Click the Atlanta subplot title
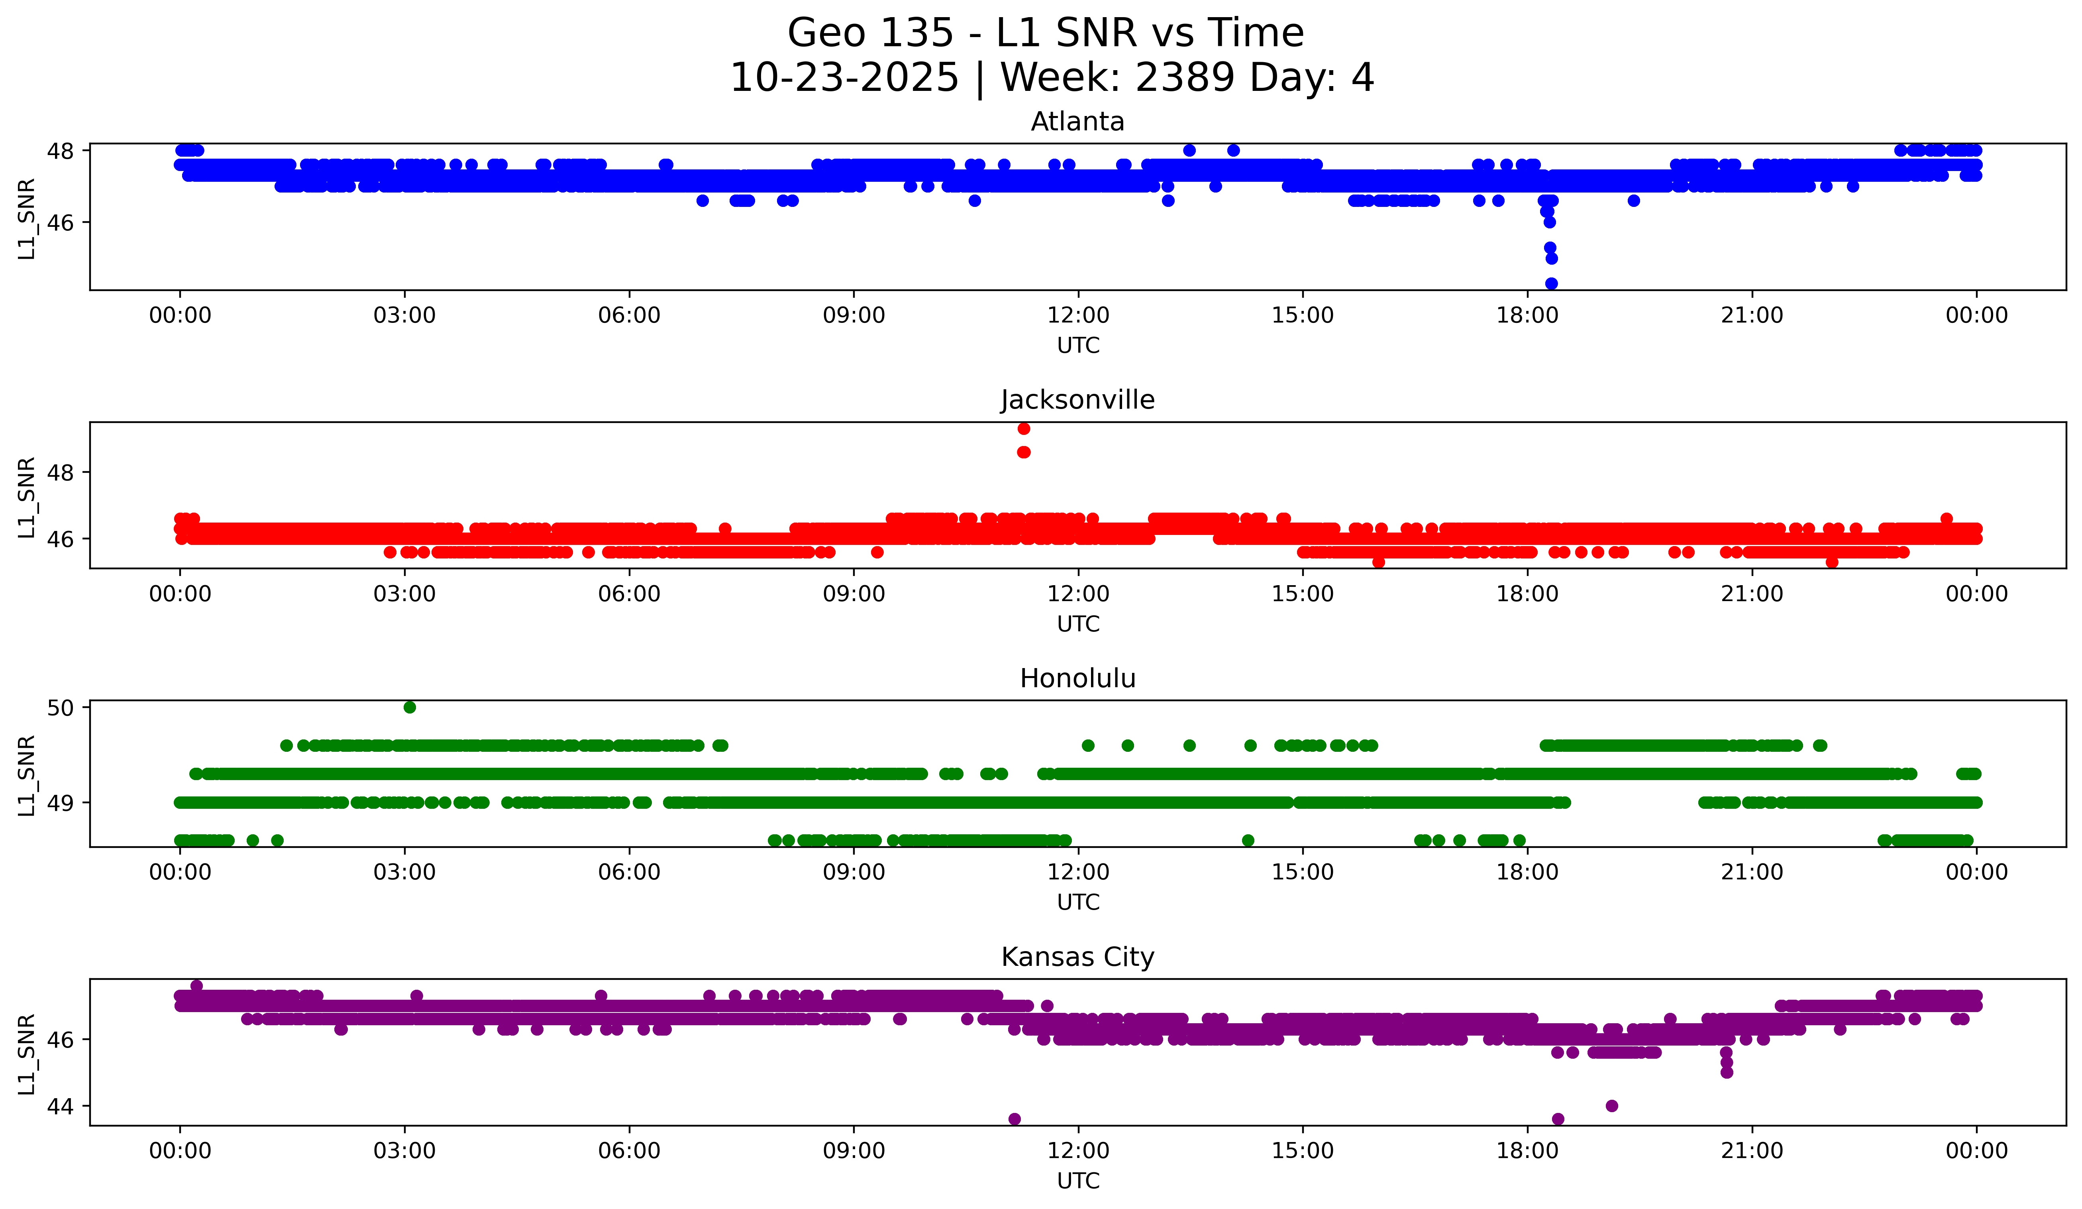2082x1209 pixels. [1077, 122]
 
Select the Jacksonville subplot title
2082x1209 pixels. [1077, 400]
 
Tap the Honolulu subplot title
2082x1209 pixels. [1077, 678]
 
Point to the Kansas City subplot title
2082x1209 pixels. [1077, 957]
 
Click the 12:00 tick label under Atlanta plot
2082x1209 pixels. [1078, 316]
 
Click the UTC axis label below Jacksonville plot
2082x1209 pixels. [1078, 624]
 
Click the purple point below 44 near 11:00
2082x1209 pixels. [1015, 1119]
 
